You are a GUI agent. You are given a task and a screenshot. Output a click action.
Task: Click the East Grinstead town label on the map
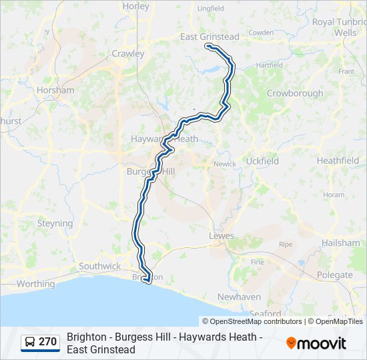tap(210, 37)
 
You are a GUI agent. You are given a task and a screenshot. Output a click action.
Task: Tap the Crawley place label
tap(128, 53)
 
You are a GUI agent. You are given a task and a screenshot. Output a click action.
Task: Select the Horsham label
tap(56, 90)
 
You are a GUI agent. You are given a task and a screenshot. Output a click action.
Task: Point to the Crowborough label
tap(295, 93)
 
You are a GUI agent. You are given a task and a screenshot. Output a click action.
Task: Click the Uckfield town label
tap(262, 161)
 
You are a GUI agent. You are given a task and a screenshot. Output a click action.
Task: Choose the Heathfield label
tap(338, 161)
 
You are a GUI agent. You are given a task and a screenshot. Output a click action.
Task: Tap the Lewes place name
tap(222, 236)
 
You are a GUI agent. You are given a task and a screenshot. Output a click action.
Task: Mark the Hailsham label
tap(340, 243)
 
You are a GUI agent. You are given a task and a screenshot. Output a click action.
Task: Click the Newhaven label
tap(238, 297)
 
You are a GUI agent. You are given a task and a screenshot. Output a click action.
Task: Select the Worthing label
tap(35, 283)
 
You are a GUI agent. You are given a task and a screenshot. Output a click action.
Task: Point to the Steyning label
tap(55, 224)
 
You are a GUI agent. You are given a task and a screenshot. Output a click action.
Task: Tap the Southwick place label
tap(100, 266)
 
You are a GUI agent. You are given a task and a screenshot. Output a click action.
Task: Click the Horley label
tap(135, 6)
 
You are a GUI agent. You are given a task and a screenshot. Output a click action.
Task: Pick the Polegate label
tap(335, 275)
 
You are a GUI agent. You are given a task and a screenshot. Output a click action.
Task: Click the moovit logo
tap(316, 343)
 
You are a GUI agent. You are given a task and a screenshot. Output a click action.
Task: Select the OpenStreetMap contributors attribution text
tap(252, 321)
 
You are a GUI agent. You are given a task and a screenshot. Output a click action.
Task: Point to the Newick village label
tap(224, 164)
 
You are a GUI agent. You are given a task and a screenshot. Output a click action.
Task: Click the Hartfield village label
tap(270, 65)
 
